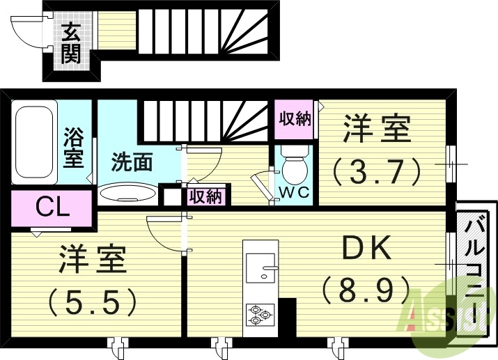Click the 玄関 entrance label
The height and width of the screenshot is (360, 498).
pos(70,43)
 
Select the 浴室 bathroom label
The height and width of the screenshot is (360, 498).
pos(74,147)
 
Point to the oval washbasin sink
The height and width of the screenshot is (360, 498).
pos(128,192)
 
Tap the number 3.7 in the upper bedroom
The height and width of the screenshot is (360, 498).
pos(376,169)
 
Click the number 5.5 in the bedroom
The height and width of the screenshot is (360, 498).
pos(92,301)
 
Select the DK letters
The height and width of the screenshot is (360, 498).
pos(367,249)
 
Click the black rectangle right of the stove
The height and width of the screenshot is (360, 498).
pos(287,314)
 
